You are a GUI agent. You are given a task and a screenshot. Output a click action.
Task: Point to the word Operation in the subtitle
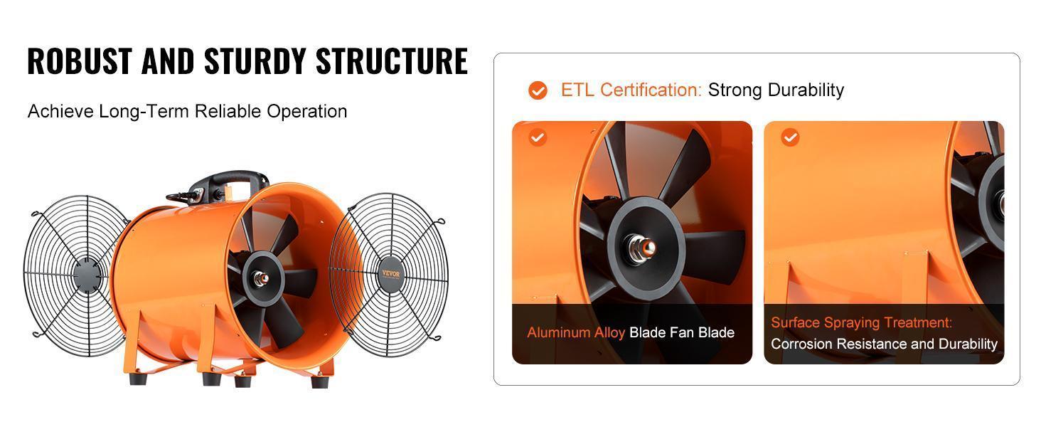pyautogui.click(x=307, y=112)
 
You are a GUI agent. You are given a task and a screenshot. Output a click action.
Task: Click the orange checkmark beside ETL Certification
pyautogui.click(x=538, y=90)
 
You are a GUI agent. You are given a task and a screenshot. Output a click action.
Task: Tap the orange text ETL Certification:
pyautogui.click(x=631, y=90)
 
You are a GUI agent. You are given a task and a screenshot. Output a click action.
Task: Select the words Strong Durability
pyautogui.click(x=776, y=90)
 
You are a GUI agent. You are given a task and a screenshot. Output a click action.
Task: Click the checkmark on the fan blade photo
pyautogui.click(x=538, y=137)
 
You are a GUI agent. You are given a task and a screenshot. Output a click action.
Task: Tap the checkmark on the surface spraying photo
pyautogui.click(x=790, y=137)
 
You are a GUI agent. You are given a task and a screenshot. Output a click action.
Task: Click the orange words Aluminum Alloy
pyautogui.click(x=576, y=332)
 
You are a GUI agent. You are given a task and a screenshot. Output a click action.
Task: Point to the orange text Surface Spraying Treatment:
pyautogui.click(x=861, y=323)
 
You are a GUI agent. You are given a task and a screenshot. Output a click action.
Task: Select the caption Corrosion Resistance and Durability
pyautogui.click(x=884, y=344)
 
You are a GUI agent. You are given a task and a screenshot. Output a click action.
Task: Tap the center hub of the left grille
pyautogui.click(x=87, y=275)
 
